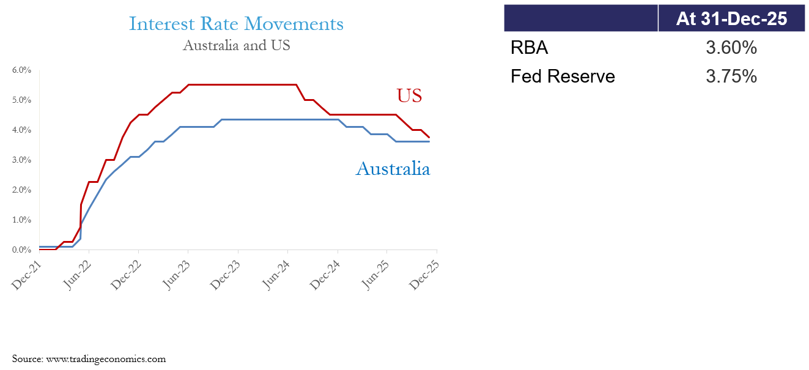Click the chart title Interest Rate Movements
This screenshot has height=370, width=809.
coord(236,24)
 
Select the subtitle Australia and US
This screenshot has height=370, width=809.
coord(236,45)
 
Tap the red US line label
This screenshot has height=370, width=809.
coord(409,95)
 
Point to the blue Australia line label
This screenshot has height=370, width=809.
coord(393,169)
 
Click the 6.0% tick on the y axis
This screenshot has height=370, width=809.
coord(21,70)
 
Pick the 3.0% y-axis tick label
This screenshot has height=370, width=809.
coord(21,160)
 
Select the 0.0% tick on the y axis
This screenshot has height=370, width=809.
coord(21,250)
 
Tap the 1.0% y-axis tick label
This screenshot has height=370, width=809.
coord(21,220)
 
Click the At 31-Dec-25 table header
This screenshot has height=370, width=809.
coord(731,19)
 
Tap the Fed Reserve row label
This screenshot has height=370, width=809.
coord(563,76)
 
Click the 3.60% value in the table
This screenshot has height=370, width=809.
coord(731,48)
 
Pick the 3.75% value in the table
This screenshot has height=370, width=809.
coord(731,76)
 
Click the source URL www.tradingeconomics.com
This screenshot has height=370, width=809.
coord(106,359)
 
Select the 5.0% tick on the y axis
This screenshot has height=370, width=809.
coord(21,100)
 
